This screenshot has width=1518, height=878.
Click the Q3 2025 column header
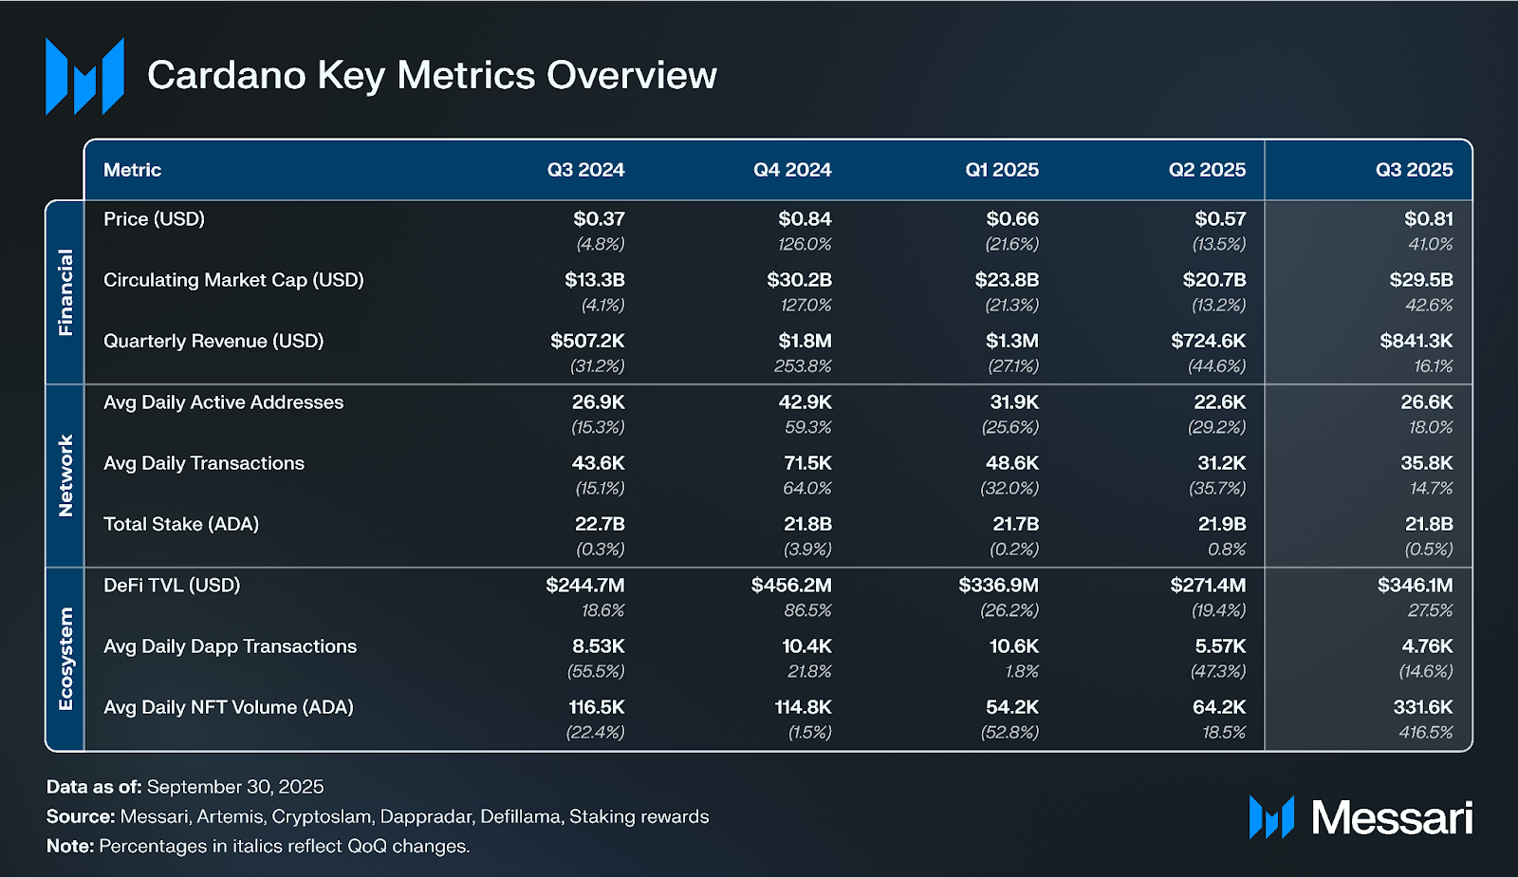(1414, 170)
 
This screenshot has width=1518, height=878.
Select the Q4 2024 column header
(792, 170)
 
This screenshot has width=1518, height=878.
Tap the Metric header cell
(132, 170)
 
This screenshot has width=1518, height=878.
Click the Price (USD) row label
(154, 219)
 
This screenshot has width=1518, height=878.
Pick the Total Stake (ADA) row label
(180, 524)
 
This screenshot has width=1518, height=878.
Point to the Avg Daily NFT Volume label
(228, 707)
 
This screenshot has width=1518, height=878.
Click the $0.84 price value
(805, 219)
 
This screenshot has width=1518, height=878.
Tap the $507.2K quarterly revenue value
(587, 341)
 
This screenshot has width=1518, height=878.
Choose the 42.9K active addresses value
(805, 402)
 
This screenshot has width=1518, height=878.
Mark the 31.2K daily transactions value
(1221, 463)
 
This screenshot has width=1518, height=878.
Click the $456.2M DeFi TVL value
(791, 586)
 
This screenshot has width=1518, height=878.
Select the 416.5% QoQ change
(1425, 733)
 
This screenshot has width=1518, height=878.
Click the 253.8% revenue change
(803, 366)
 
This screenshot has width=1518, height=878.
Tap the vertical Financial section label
(65, 292)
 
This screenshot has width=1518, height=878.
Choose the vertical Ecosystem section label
(65, 659)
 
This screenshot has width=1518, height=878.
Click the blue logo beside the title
(84, 76)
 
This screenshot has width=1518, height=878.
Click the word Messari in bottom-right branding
(1392, 817)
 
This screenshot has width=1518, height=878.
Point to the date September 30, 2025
(235, 787)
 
